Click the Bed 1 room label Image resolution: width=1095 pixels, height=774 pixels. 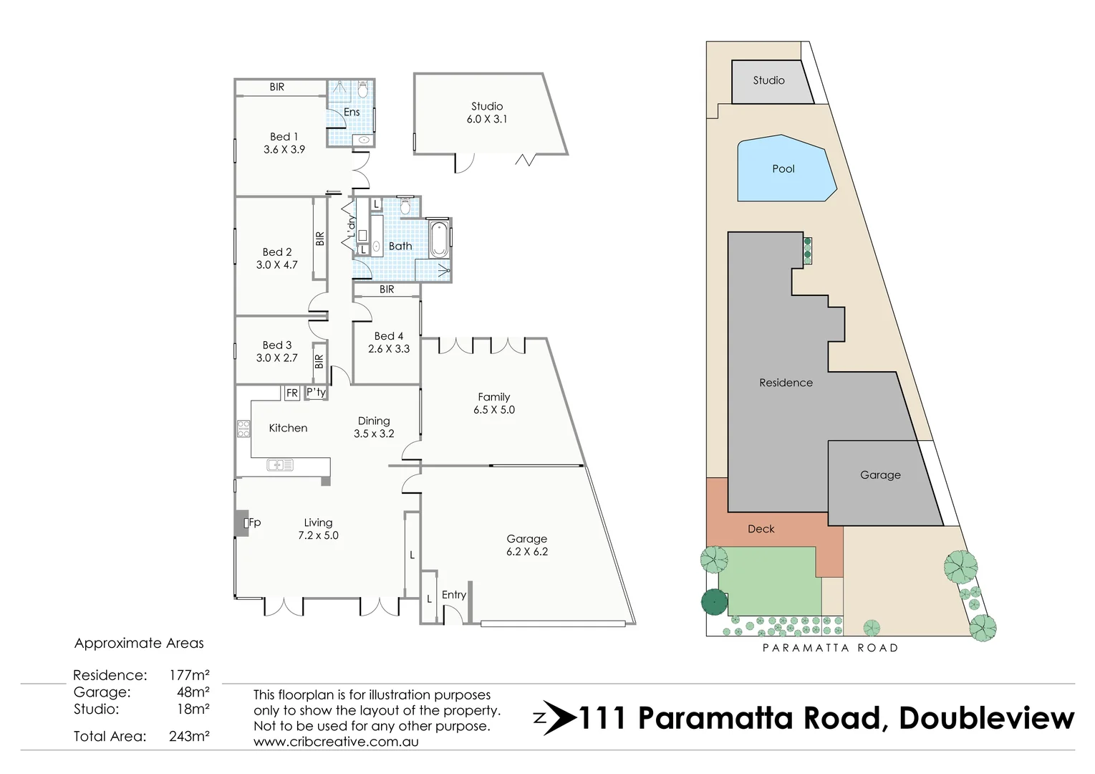(x=284, y=136)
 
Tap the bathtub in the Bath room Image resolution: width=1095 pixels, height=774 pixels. (x=438, y=239)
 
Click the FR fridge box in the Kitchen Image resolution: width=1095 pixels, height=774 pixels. (x=291, y=393)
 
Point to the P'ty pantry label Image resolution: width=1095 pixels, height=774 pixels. (x=316, y=392)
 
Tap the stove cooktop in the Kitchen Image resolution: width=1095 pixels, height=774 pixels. (x=243, y=429)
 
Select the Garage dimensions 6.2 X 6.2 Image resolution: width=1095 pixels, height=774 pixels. (x=526, y=552)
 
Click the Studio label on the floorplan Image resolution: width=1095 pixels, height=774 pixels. (x=486, y=106)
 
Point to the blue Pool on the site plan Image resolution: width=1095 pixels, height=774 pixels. (x=783, y=169)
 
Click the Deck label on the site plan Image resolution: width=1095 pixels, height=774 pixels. (x=761, y=529)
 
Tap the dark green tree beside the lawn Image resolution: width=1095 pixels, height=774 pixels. (x=714, y=602)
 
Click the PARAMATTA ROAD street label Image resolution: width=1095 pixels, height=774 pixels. (x=829, y=648)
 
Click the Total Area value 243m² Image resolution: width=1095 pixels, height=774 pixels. (x=189, y=736)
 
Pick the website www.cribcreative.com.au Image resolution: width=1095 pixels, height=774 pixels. (x=336, y=742)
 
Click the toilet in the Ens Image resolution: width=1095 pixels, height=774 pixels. (x=362, y=90)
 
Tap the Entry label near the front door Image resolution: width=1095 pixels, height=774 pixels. (x=453, y=595)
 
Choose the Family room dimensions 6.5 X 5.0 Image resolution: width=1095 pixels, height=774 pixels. (x=493, y=410)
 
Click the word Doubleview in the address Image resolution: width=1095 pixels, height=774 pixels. (x=986, y=717)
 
